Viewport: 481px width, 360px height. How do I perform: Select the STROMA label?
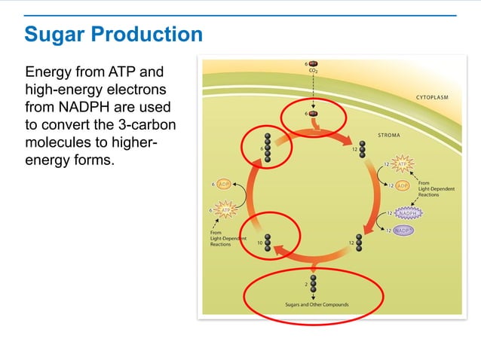coord(388,136)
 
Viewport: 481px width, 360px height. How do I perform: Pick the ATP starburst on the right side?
coord(404,163)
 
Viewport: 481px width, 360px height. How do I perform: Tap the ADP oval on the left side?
coord(224,184)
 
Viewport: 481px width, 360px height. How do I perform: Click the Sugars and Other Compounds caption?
coord(311,305)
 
